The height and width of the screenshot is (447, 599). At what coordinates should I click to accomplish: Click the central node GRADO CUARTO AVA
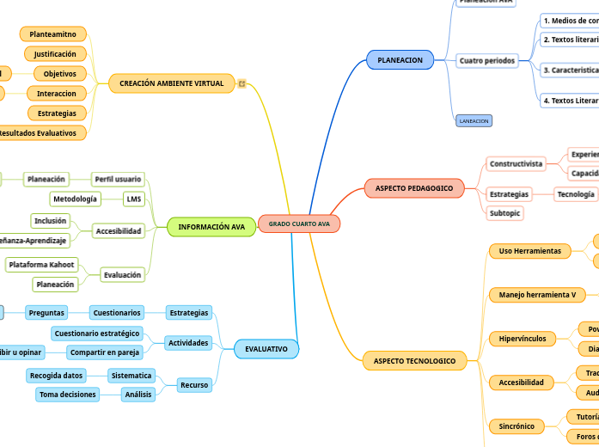299,223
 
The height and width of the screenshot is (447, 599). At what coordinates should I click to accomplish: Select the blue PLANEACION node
400,60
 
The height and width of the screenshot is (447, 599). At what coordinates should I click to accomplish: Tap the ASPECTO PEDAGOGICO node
413,187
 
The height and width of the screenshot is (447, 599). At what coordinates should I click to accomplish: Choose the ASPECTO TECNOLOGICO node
414,360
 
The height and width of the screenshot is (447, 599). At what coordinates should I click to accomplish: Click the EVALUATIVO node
266,348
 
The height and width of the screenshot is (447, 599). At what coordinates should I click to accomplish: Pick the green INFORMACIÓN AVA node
211,227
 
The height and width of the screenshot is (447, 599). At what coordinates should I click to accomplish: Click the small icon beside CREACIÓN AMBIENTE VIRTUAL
242,83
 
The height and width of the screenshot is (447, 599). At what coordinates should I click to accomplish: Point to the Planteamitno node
52,34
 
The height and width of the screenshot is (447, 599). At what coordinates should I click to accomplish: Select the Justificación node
55,54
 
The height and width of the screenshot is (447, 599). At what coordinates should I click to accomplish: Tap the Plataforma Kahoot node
41,265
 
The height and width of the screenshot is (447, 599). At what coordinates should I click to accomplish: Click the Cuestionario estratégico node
95,334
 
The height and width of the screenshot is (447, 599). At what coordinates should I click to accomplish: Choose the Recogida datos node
56,376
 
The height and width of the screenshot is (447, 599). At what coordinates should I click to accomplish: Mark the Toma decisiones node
66,395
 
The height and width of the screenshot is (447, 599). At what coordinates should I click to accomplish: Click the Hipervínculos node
523,339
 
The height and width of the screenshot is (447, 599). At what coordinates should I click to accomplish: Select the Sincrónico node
516,426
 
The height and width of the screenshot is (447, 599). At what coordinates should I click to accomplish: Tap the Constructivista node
516,163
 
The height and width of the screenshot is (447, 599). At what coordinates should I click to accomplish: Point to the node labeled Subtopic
504,212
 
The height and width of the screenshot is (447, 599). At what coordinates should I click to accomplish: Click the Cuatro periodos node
487,61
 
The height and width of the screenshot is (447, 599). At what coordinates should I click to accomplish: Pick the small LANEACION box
474,121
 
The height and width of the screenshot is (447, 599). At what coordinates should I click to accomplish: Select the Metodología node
75,199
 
